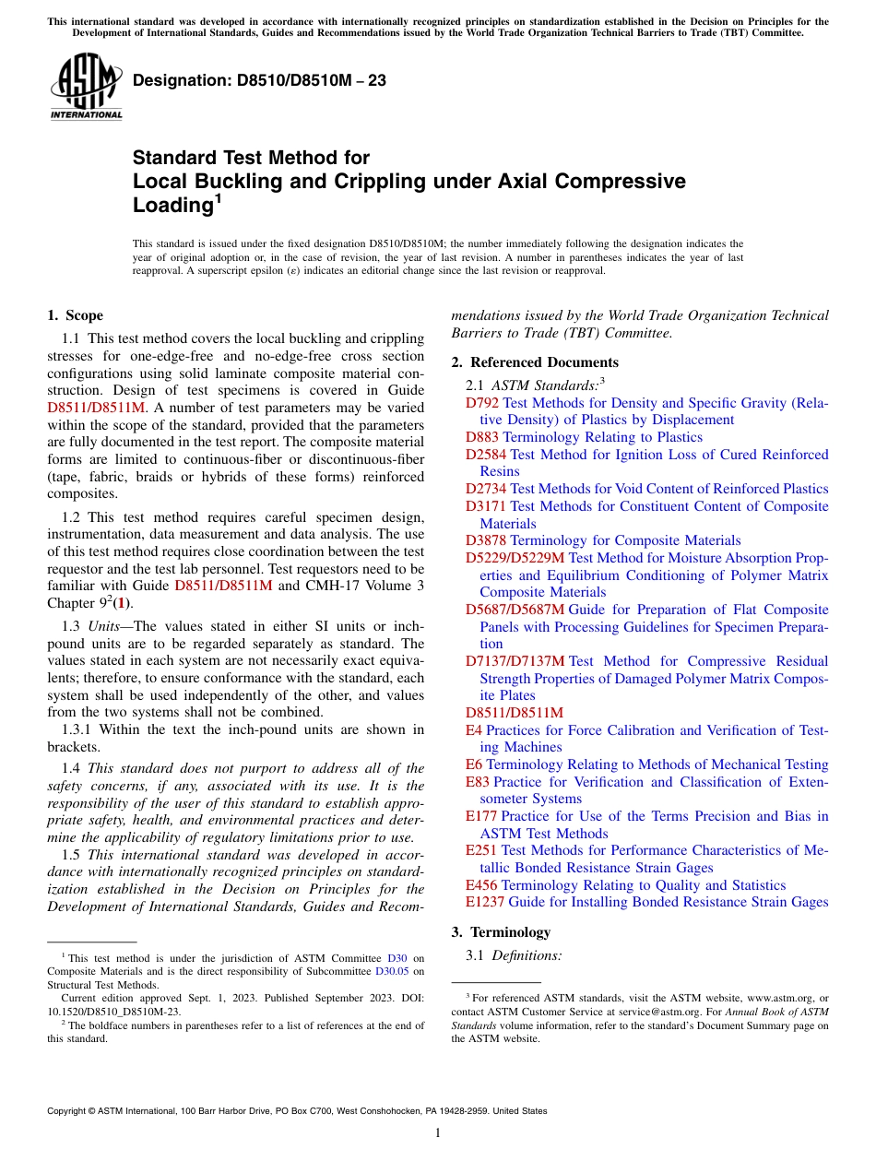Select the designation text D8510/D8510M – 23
pyautogui.click(x=259, y=81)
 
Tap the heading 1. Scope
pyautogui.click(x=75, y=315)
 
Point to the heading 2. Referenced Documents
pyautogui.click(x=535, y=362)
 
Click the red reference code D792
pyautogui.click(x=482, y=403)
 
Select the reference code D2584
pyautogui.click(x=486, y=455)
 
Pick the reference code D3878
pyautogui.click(x=486, y=540)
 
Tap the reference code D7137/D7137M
pyautogui.click(x=515, y=661)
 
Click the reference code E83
pyautogui.click(x=478, y=782)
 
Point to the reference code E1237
pyautogui.click(x=485, y=902)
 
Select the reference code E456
pyautogui.click(x=480, y=885)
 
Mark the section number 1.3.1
pyautogui.click(x=78, y=729)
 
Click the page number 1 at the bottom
pyautogui.click(x=438, y=1133)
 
